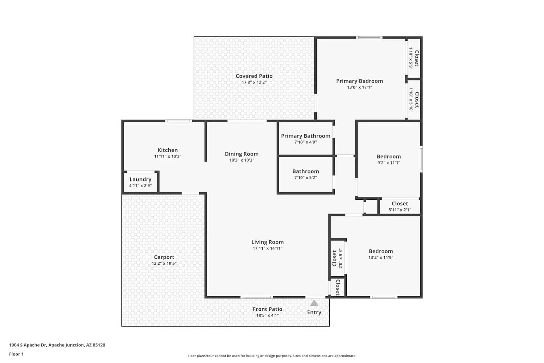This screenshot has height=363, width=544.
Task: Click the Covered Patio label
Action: click(x=254, y=76)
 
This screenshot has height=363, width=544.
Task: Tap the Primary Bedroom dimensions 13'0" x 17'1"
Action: click(x=359, y=87)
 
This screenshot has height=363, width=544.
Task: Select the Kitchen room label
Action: click(x=168, y=150)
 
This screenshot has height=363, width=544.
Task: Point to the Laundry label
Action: click(x=140, y=179)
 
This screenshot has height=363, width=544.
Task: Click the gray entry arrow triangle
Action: click(x=314, y=303)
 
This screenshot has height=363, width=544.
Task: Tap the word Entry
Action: click(x=314, y=312)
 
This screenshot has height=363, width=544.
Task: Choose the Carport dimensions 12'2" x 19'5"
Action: click(x=164, y=263)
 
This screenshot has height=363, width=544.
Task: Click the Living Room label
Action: click(x=267, y=242)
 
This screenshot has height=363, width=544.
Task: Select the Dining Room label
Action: click(x=242, y=154)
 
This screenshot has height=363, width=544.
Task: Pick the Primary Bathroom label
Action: click(x=305, y=136)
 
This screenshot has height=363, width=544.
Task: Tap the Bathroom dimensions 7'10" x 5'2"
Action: click(x=305, y=178)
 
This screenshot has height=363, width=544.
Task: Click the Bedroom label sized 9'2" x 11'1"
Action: click(x=388, y=156)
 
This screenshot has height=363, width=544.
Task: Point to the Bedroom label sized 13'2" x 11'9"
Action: click(x=381, y=251)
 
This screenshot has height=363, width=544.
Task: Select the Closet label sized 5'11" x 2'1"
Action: click(x=400, y=204)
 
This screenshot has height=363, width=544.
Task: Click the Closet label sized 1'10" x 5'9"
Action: click(x=417, y=58)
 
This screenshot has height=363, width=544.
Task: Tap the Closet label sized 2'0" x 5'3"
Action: click(x=334, y=258)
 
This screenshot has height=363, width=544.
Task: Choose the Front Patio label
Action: click(x=267, y=309)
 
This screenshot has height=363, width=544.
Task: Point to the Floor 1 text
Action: click(x=16, y=354)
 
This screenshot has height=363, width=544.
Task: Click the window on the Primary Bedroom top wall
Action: click(x=369, y=37)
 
